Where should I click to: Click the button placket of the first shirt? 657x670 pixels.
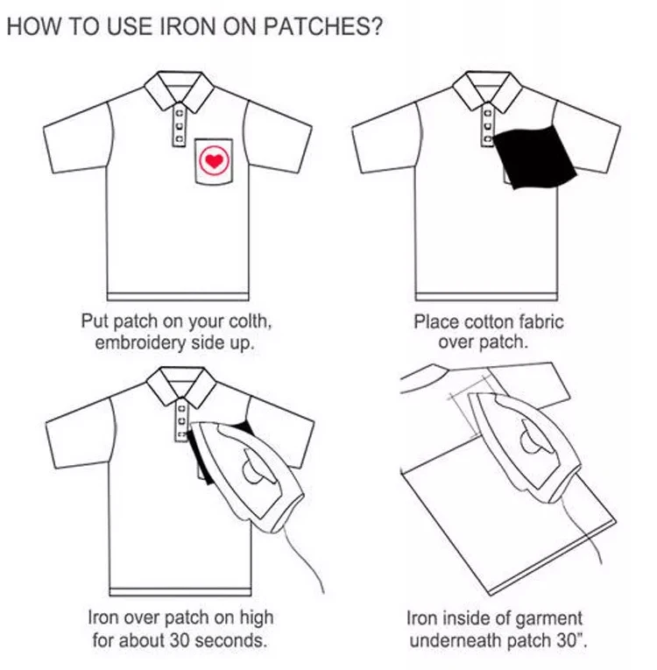[180, 127]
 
